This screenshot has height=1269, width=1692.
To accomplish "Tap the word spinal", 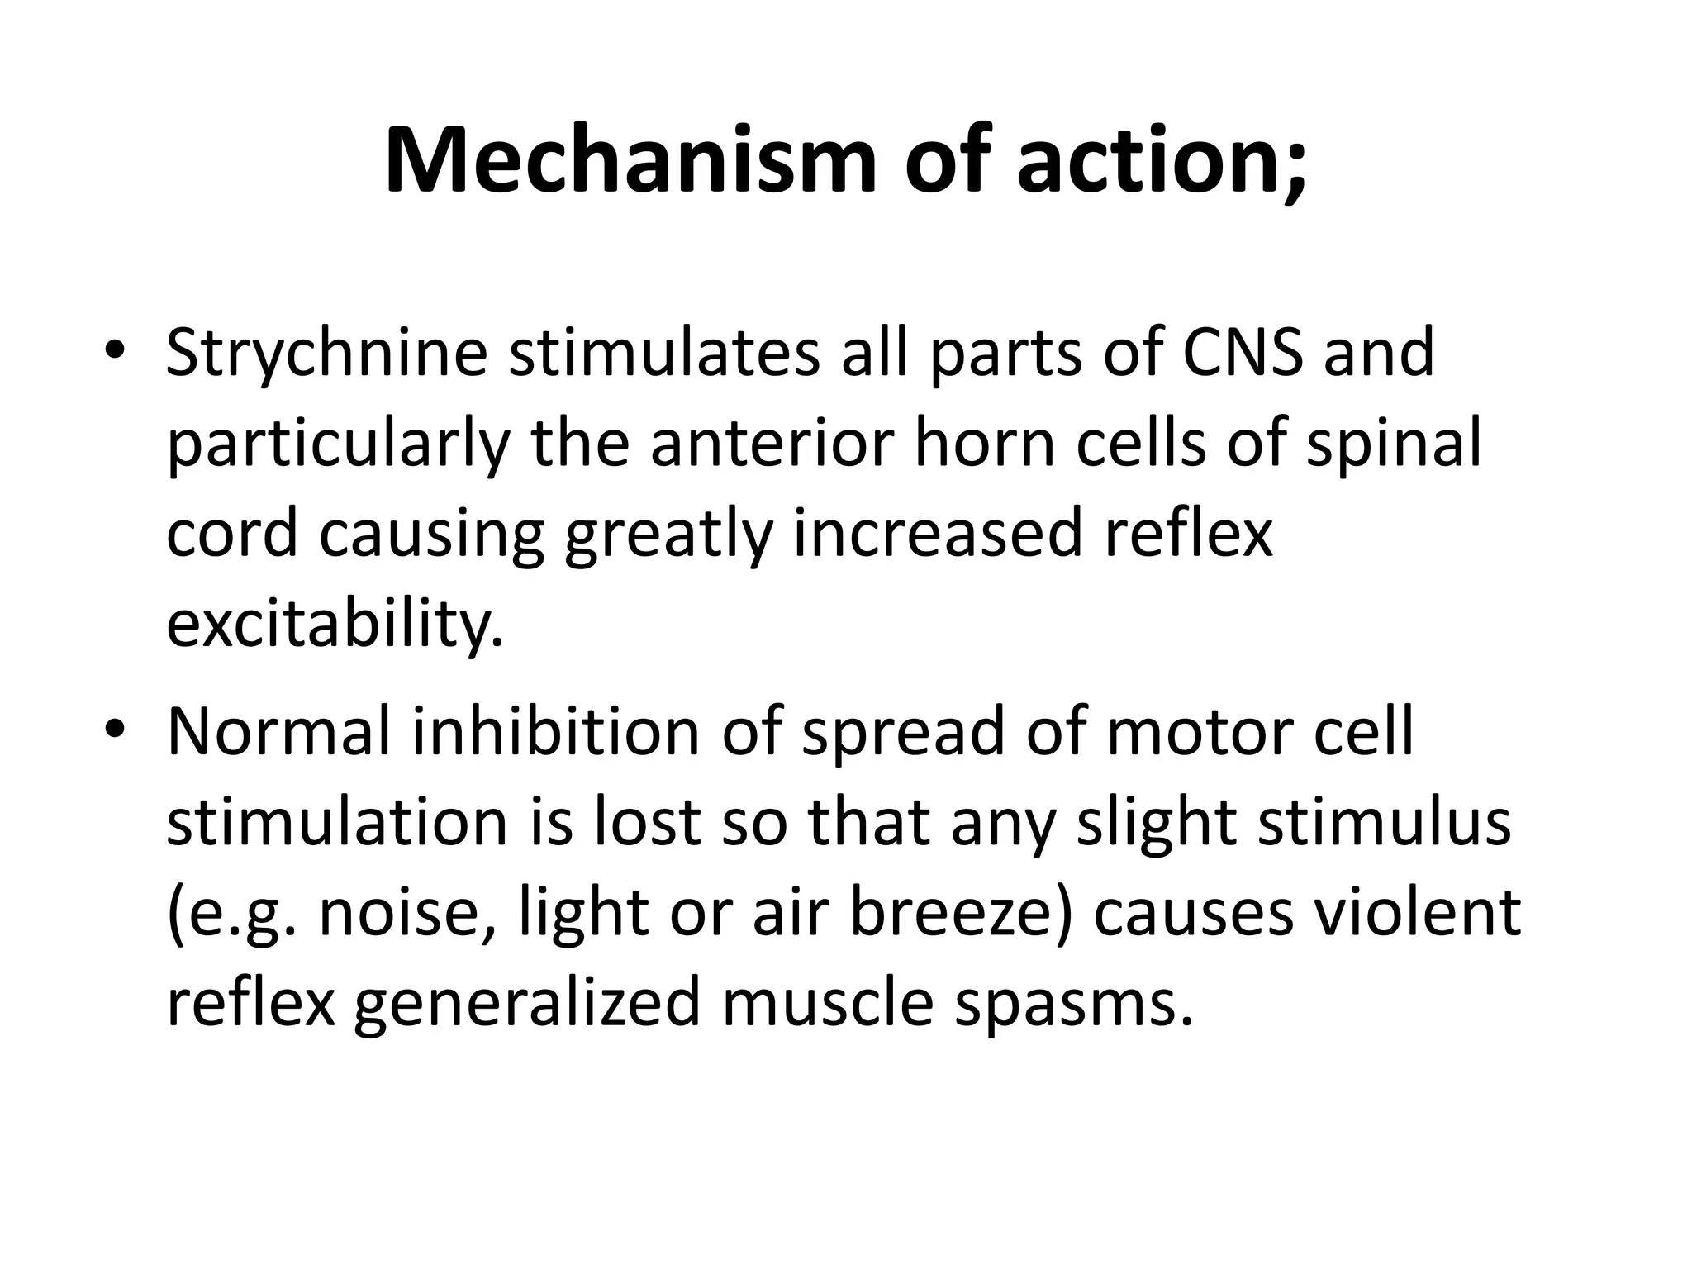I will (1394, 446).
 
